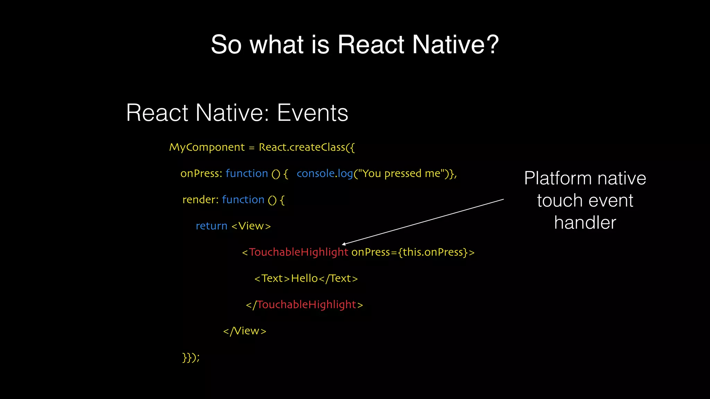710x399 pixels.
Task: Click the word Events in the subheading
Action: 312,113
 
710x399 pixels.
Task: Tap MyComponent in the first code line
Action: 207,148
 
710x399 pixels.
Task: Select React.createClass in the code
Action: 302,147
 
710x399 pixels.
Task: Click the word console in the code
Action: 315,173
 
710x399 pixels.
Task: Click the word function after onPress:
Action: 246,173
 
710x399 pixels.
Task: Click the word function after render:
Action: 243,199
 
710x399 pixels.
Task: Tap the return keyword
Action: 211,226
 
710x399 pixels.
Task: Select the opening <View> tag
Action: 251,226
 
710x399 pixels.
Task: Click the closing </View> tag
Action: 245,331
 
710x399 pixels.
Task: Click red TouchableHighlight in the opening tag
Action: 298,252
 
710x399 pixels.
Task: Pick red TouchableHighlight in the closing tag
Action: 306,304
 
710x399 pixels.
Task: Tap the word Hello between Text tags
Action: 304,278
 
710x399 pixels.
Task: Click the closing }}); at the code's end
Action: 191,357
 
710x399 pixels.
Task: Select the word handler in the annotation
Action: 585,222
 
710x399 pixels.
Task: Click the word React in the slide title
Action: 371,44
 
